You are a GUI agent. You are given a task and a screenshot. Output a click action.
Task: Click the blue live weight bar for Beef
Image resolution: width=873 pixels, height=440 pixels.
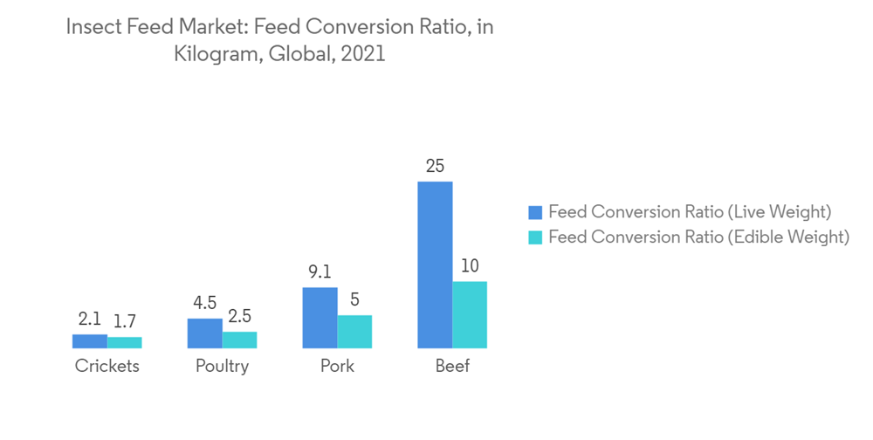click(x=435, y=265)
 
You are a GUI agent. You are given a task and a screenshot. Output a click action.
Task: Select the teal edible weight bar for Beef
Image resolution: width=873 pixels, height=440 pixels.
click(x=470, y=315)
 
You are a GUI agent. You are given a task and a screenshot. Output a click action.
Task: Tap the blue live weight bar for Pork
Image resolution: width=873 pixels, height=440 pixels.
click(x=320, y=318)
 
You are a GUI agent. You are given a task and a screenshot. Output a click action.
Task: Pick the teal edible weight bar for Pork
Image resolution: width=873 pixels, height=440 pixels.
click(x=354, y=332)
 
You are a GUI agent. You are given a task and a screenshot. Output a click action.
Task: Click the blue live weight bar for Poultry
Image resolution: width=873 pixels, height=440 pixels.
click(x=204, y=333)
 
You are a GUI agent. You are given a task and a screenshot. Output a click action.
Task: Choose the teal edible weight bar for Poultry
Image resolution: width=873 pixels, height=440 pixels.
click(x=239, y=340)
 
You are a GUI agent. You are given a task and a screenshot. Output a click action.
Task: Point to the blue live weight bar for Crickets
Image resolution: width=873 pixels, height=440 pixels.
click(x=89, y=341)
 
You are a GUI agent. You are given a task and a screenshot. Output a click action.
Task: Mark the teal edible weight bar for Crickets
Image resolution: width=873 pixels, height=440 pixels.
click(x=124, y=342)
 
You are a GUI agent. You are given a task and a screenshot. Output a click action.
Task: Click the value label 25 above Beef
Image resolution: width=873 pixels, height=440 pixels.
click(x=435, y=165)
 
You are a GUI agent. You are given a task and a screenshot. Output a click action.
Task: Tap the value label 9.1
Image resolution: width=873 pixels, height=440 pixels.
click(x=320, y=272)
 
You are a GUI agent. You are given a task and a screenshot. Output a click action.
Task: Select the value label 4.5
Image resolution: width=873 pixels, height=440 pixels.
click(x=204, y=303)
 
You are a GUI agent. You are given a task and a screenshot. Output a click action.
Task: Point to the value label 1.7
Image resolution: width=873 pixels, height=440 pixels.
click(x=124, y=320)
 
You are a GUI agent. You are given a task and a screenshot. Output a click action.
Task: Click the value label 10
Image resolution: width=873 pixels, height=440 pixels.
click(x=470, y=265)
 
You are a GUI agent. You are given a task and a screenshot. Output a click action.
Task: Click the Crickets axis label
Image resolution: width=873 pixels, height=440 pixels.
click(x=107, y=367)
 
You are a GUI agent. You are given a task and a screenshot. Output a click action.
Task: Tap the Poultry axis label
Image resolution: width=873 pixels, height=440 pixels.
click(x=222, y=367)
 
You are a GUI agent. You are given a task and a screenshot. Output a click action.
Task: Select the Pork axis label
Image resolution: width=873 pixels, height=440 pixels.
click(x=337, y=367)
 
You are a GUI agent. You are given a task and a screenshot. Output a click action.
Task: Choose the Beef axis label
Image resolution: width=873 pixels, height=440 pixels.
click(x=452, y=367)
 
